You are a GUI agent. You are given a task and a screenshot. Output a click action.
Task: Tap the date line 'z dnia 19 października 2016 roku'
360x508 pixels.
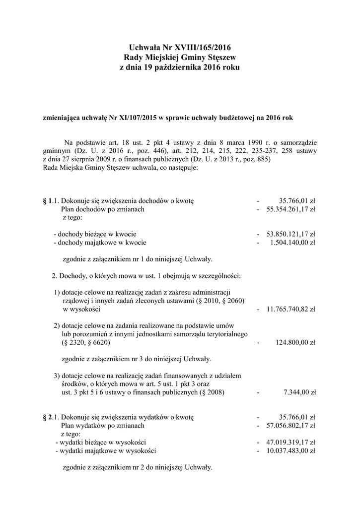tap(180, 67)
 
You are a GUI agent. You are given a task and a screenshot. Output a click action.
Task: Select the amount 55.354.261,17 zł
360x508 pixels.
tap(291, 209)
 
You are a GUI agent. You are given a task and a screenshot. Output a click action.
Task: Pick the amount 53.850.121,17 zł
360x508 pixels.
tap(291, 234)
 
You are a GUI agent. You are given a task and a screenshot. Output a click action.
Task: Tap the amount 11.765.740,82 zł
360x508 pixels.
tap(291, 309)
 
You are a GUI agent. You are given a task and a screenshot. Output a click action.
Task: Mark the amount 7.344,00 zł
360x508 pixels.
tap(299, 392)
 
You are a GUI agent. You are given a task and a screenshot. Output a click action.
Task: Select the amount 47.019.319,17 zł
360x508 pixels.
tap(291, 442)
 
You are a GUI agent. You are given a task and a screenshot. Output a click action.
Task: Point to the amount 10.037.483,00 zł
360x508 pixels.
tap(291, 450)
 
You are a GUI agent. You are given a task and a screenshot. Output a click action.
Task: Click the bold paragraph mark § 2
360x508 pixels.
tap(48, 417)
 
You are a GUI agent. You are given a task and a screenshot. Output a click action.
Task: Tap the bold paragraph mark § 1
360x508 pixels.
tap(48, 201)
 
